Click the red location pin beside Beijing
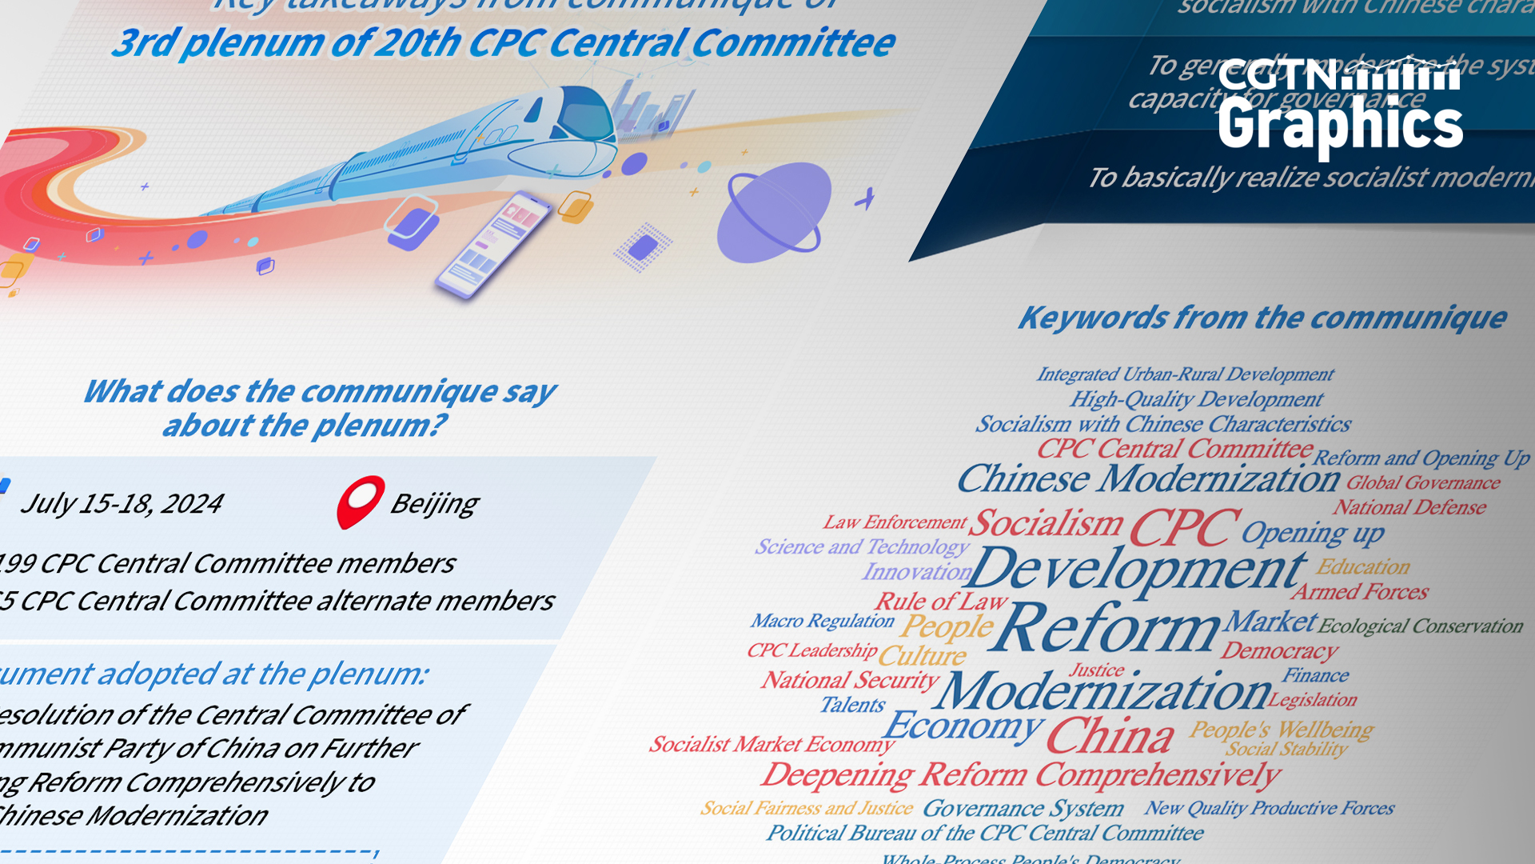pos(361,501)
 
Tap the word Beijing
pos(434,504)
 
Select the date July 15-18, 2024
pos(122,504)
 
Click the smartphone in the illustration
pos(492,244)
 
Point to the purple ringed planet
pos(772,213)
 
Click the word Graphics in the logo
pos(1340,125)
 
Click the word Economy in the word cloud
pos(963,726)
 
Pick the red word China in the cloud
pos(1110,736)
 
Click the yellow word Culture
pos(922,656)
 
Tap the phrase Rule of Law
pos(941,602)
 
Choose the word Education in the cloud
pos(1362,567)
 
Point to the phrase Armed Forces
pos(1359,592)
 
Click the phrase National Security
pos(849,680)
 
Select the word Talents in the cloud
pos(852,705)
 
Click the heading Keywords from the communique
pos(1262,318)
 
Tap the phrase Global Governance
pos(1423,483)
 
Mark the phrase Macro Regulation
pos(822,621)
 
